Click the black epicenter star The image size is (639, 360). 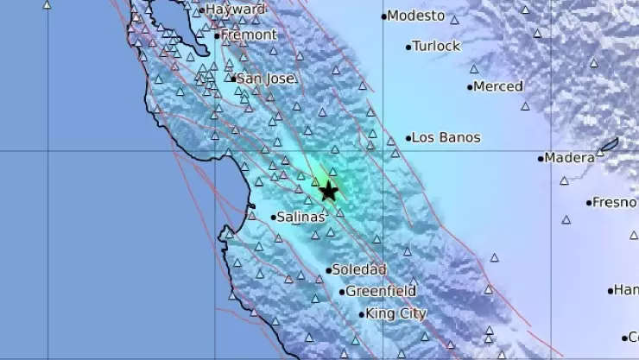329,192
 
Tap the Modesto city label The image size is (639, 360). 416,16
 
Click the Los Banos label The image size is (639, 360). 446,137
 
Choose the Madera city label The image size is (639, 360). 571,158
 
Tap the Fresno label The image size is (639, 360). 615,203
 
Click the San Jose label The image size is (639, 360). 267,79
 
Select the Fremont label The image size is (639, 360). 250,35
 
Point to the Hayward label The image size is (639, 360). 236,9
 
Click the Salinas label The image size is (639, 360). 301,218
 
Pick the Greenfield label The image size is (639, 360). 381,292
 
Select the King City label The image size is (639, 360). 396,314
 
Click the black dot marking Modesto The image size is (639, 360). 383,16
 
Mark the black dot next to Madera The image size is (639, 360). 541,158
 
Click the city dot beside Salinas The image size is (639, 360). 273,218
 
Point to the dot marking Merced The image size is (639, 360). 470,86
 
